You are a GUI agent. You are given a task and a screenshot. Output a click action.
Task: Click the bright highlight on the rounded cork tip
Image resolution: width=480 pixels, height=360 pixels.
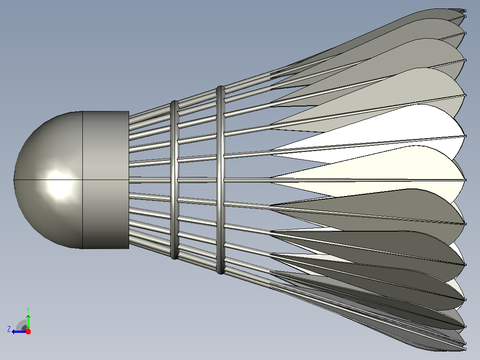tap(59, 184)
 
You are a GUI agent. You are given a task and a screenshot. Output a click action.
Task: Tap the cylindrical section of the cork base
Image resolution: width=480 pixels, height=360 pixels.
tap(106, 180)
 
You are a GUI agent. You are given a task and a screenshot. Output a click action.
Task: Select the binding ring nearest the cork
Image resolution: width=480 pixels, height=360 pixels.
tap(175, 180)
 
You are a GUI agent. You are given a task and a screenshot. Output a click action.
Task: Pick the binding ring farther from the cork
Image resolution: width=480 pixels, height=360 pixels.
tap(220, 180)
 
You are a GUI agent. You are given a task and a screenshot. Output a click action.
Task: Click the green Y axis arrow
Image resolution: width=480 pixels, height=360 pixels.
tap(28, 322)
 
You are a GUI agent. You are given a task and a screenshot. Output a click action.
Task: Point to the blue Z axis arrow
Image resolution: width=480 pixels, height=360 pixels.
tap(19, 331)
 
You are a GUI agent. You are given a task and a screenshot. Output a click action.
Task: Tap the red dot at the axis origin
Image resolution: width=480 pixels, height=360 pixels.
tap(28, 331)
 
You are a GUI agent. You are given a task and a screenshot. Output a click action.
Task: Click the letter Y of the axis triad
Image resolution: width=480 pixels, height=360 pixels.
tap(28, 310)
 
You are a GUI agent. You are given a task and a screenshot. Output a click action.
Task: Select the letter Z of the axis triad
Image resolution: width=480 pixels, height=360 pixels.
tap(9, 329)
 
